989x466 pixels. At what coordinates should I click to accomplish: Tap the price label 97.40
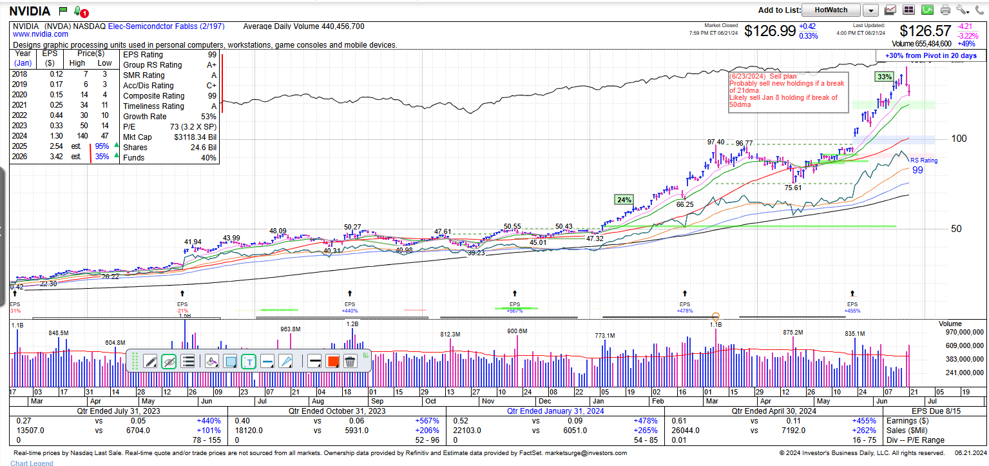coord(715,142)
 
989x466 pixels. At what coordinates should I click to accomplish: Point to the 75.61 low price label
coord(792,188)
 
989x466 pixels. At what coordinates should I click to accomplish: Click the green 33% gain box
coord(884,77)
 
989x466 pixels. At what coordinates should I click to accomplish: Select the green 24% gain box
coord(624,200)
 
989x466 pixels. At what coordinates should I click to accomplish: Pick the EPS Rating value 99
coord(211,55)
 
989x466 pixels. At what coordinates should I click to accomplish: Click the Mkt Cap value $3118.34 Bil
coord(195,137)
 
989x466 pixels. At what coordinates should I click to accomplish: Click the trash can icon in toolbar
coord(350,362)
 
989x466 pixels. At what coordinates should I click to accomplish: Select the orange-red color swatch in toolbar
coord(332,362)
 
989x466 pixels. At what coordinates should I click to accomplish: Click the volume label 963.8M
coord(290,329)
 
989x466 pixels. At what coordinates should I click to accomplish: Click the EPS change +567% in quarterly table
coord(427,421)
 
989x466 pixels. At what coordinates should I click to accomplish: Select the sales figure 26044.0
coord(685,431)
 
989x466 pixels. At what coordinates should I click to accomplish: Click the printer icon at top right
coord(945,10)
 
